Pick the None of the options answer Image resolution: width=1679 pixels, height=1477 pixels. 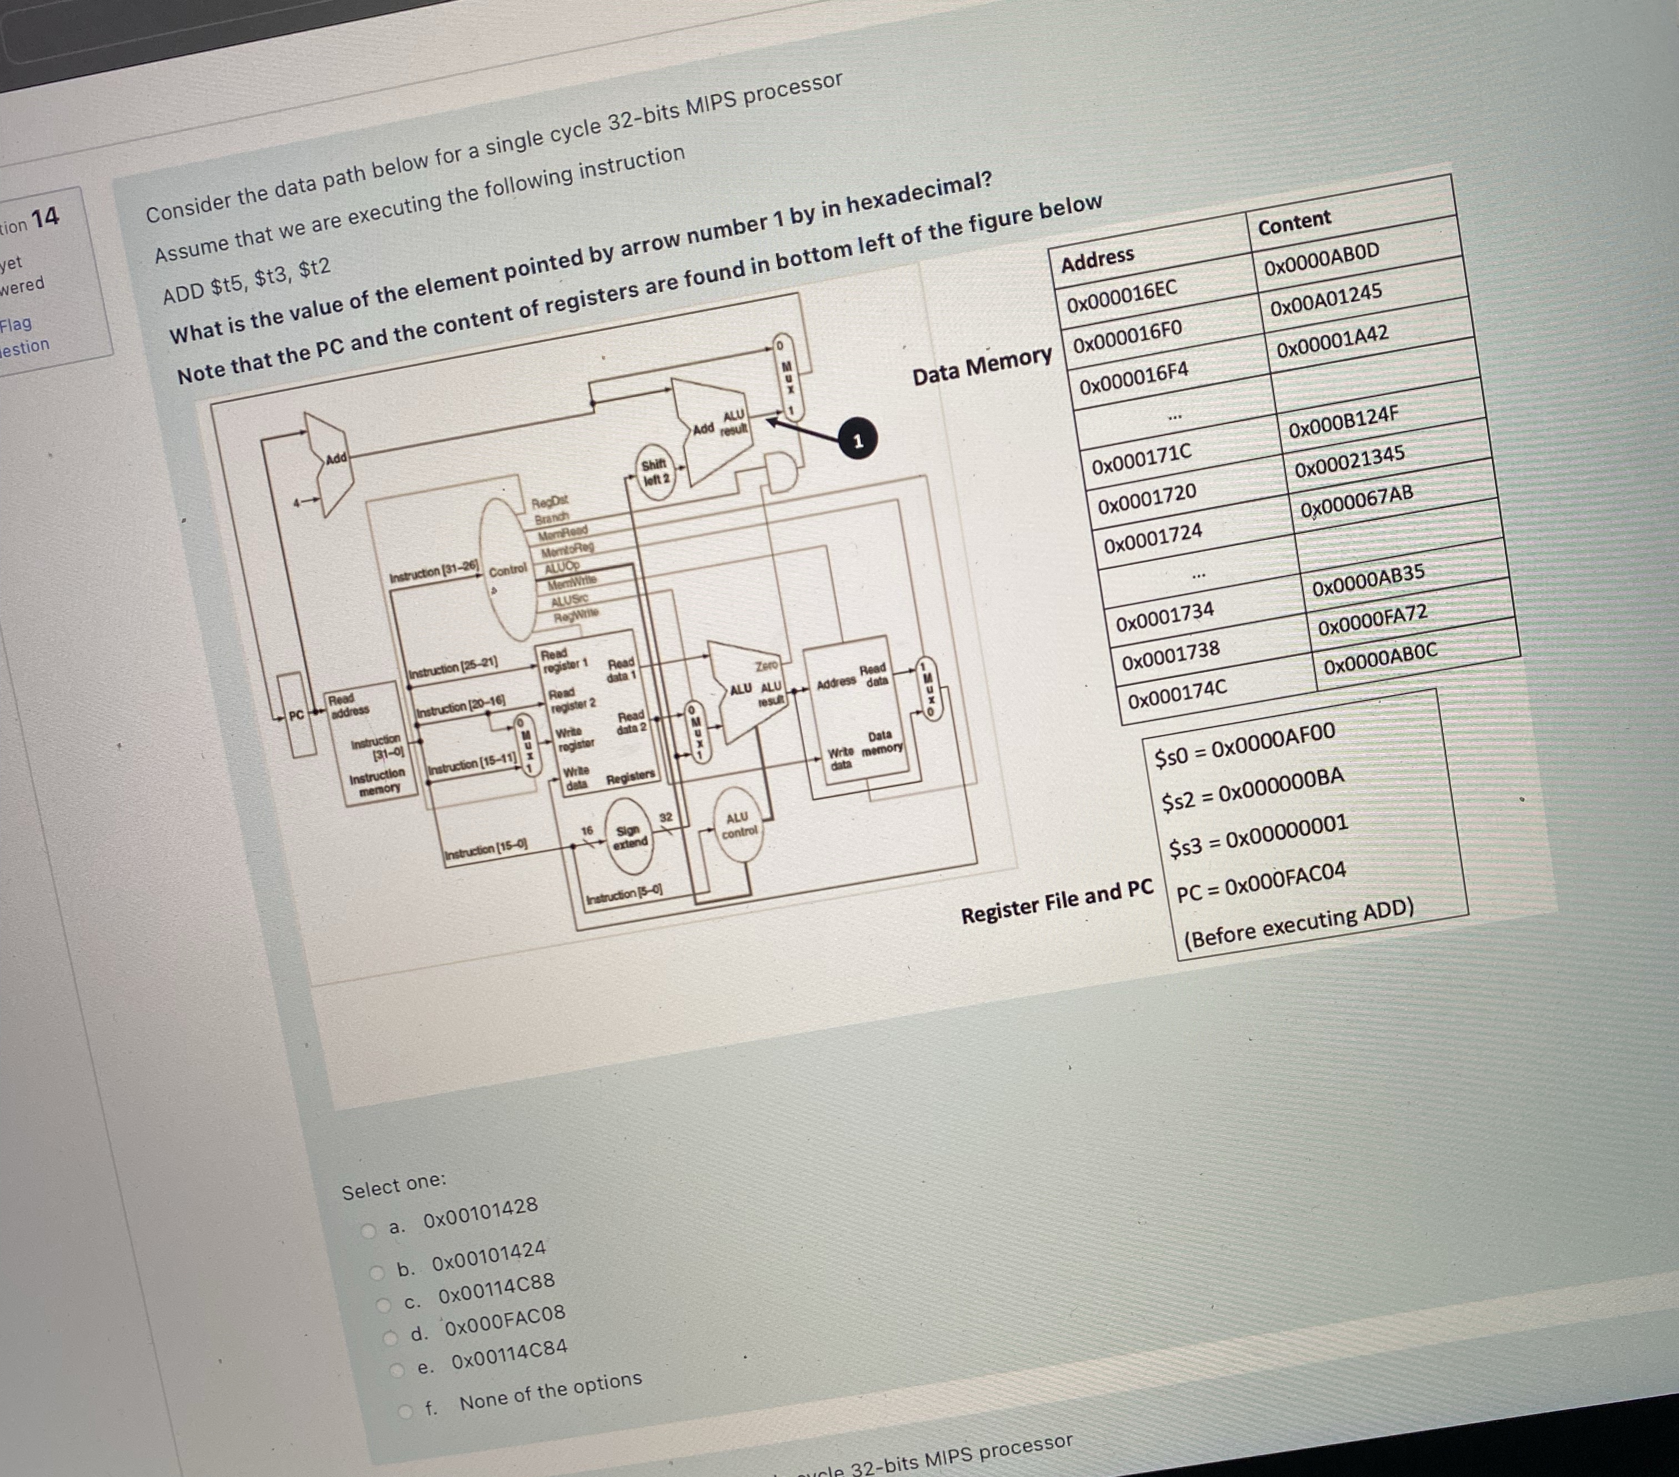click(550, 1391)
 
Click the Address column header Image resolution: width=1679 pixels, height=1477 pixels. click(1098, 259)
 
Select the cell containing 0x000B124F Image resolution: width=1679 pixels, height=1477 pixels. click(1343, 422)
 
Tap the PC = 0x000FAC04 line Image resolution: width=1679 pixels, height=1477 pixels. click(1261, 882)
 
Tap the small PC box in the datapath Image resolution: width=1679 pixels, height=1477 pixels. click(296, 715)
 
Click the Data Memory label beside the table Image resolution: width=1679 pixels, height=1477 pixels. click(982, 366)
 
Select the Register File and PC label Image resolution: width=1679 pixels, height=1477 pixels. click(1057, 902)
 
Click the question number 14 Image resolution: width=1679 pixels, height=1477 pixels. click(45, 218)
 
